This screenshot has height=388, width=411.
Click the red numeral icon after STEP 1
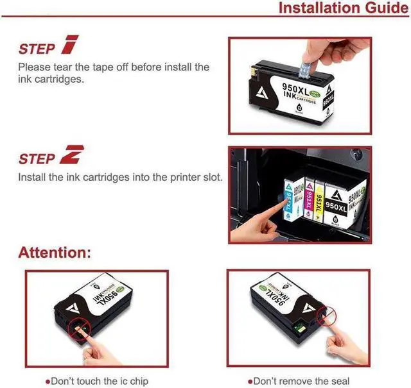[68, 46]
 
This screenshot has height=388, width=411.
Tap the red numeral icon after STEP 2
[71, 156]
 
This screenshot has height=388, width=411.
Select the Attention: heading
[55, 252]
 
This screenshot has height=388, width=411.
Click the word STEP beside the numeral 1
[37, 49]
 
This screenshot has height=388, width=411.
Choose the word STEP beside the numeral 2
[37, 159]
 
